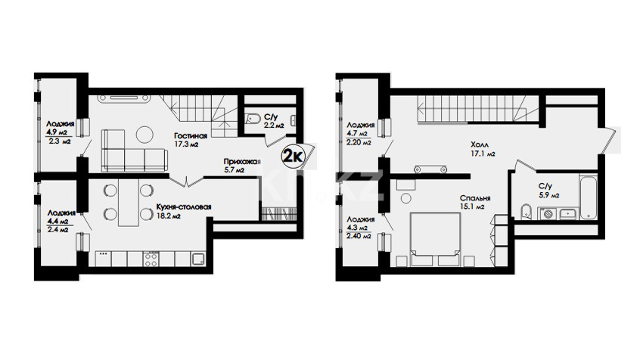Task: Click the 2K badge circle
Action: pyautogui.click(x=292, y=156)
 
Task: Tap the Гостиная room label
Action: pyautogui.click(x=190, y=135)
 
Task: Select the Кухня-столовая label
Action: pyautogui.click(x=184, y=207)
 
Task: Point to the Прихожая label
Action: pyautogui.click(x=242, y=162)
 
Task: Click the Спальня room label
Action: pyautogui.click(x=474, y=198)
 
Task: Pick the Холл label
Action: pyautogui.click(x=480, y=145)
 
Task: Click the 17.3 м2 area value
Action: pyautogui.click(x=186, y=144)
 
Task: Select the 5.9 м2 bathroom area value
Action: pyautogui.click(x=548, y=195)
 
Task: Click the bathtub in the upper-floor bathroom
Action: pyautogui.click(x=588, y=197)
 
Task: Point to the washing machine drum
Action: pyautogui.click(x=548, y=213)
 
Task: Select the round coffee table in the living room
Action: pyautogui.click(x=144, y=135)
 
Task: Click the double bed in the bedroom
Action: pyautogui.click(x=435, y=239)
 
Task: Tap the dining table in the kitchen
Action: pyautogui.click(x=129, y=203)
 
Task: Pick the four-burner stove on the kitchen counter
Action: pyautogui.click(x=151, y=259)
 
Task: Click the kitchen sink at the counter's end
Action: pyautogui.click(x=199, y=259)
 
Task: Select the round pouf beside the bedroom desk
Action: pyautogui.click(x=405, y=199)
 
